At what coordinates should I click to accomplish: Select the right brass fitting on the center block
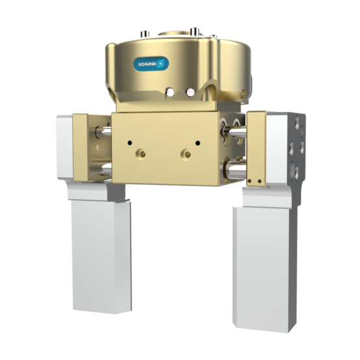click(x=187, y=154)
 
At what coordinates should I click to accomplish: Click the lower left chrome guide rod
click(x=101, y=172)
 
